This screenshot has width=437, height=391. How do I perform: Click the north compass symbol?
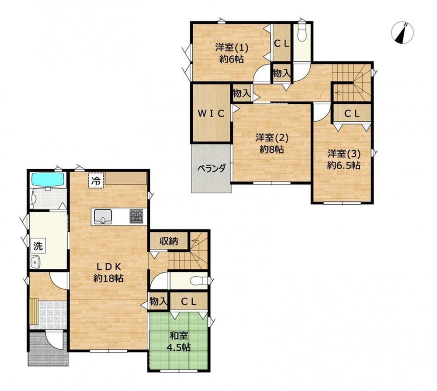(x=402, y=33)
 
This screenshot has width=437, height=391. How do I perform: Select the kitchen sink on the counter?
(x=103, y=216)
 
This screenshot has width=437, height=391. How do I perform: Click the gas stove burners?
(x=136, y=216)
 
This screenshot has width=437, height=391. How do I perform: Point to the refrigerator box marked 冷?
(x=96, y=181)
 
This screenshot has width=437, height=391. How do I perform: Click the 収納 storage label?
(x=169, y=241)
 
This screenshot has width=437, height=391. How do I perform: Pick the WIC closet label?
(x=211, y=113)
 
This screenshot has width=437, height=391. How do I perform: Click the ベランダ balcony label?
(x=212, y=168)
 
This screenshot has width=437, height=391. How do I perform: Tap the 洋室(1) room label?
(x=231, y=53)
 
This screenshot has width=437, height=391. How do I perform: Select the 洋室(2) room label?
(x=272, y=143)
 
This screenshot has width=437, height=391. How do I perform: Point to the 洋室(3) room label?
(x=343, y=159)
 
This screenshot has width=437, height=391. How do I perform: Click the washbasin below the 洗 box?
(x=35, y=262)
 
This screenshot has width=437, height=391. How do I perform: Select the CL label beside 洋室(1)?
(x=282, y=44)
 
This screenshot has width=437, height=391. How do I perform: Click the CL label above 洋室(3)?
(x=352, y=113)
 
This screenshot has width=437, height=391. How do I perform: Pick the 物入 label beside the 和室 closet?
(x=158, y=301)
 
